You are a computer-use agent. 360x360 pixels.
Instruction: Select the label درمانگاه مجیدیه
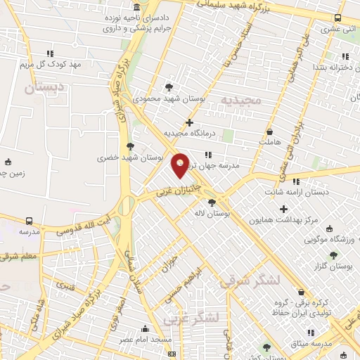click(189, 132)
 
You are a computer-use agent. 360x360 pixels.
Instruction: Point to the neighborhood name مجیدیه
click(241, 100)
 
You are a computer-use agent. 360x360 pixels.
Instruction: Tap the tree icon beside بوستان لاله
click(212, 202)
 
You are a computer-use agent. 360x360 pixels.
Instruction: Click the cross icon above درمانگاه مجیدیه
click(189, 122)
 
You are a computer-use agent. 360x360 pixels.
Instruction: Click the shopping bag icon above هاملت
click(269, 131)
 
